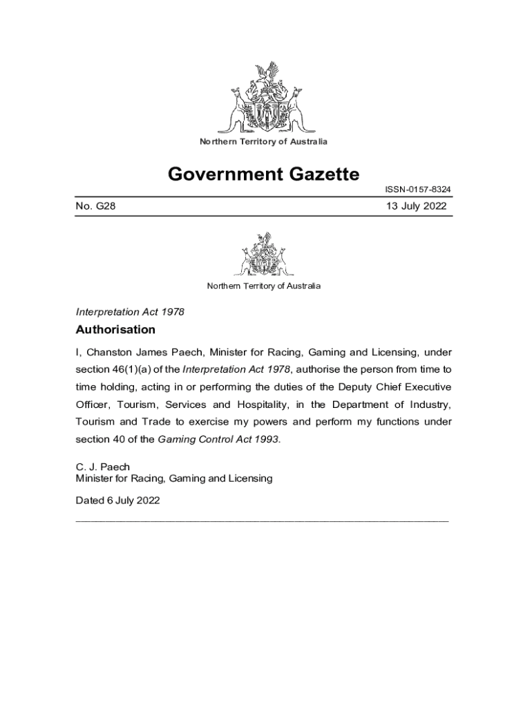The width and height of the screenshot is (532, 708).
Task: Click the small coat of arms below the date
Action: [263, 254]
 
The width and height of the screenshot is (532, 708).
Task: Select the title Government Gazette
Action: [263, 174]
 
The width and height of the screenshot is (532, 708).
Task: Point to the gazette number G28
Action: [95, 206]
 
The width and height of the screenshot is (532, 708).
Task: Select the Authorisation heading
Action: [115, 330]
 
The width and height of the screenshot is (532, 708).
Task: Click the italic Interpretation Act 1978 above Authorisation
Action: [130, 312]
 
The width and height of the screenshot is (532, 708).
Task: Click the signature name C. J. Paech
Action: [102, 467]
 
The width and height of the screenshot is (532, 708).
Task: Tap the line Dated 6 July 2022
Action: [117, 500]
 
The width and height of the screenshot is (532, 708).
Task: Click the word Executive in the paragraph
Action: [427, 386]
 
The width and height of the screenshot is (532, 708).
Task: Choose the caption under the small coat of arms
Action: [263, 286]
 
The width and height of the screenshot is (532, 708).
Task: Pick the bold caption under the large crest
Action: [263, 142]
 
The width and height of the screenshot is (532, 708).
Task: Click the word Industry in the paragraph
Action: [427, 404]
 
